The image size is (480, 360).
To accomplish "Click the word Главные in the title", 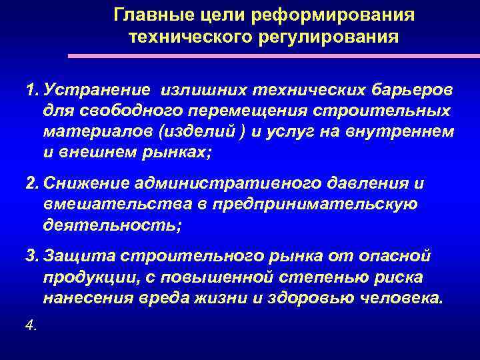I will coord(149,15).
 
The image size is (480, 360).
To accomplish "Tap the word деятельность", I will coord(111,225).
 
